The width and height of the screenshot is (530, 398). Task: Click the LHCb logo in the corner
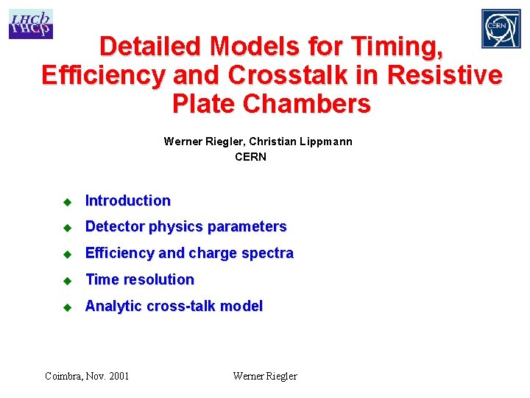[30, 24]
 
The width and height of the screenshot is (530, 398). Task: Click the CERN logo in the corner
[501, 29]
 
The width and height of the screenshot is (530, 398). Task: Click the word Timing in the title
[400, 46]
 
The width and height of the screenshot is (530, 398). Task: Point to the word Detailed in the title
[150, 46]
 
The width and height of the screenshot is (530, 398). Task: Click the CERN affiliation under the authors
[250, 156]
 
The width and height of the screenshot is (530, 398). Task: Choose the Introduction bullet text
[128, 200]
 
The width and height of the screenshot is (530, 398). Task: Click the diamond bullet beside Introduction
[66, 201]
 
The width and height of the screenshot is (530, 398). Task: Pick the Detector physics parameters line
[185, 226]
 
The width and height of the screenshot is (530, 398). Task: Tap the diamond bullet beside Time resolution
[66, 280]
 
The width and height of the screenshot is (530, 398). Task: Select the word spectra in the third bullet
[268, 253]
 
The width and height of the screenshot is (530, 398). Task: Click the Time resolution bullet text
[140, 279]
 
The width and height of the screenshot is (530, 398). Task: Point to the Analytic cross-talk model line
[174, 306]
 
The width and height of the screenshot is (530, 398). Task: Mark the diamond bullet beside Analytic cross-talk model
[66, 307]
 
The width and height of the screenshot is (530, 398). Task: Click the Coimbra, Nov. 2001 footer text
[87, 376]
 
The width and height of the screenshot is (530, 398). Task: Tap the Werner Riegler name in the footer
[265, 376]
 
